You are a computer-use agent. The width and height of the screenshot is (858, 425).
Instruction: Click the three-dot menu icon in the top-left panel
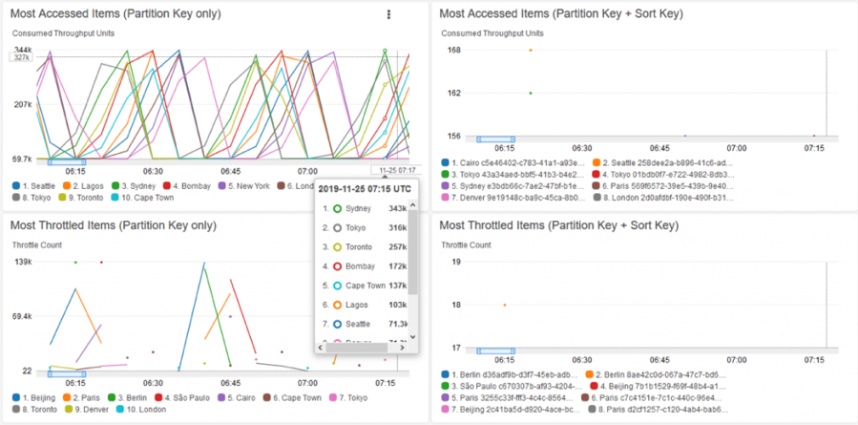(388, 14)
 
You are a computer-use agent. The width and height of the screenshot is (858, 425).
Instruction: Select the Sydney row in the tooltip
(358, 208)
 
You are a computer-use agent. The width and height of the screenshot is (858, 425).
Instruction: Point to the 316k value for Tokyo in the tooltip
(397, 227)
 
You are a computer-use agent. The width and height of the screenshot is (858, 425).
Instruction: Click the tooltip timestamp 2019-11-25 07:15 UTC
(365, 188)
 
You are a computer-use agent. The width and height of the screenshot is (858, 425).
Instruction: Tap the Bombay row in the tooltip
(358, 266)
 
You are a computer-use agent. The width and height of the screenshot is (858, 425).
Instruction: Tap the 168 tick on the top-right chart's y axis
(454, 50)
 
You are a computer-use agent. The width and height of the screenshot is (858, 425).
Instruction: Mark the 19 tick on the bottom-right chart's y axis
(455, 261)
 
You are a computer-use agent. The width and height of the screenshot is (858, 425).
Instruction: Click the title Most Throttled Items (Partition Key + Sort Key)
(558, 225)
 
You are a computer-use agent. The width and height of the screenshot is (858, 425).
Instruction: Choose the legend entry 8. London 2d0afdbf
(659, 198)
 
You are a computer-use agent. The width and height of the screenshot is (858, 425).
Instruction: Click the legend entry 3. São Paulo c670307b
(515, 385)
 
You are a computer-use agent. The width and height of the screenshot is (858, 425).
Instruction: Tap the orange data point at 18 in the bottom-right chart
(505, 305)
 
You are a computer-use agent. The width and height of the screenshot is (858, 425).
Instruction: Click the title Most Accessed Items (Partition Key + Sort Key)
(560, 14)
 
